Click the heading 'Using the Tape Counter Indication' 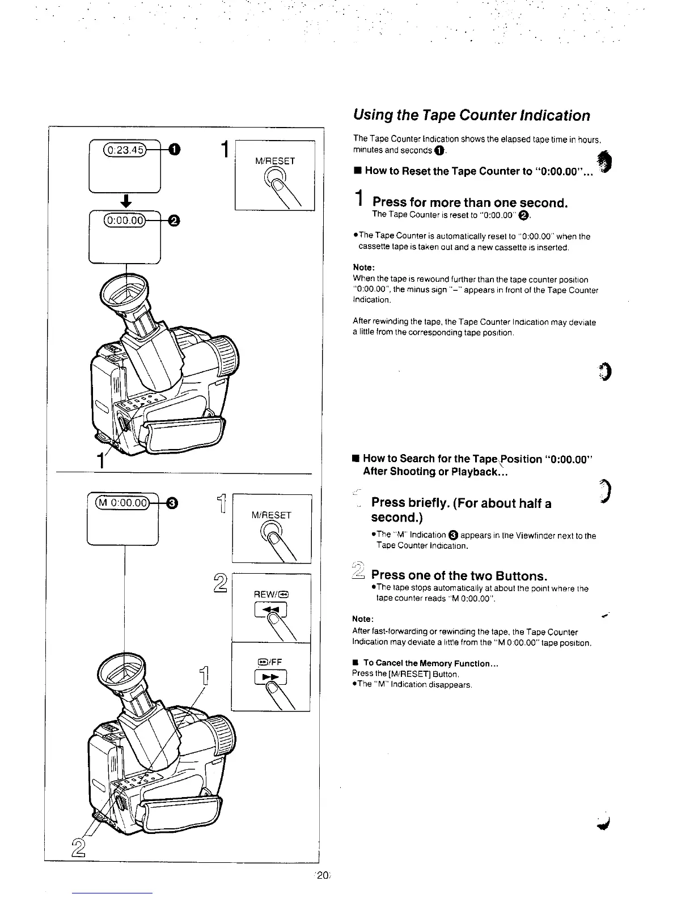click(x=471, y=116)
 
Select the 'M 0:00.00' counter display click(x=122, y=502)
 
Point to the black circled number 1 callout click(x=175, y=149)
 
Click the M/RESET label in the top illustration click(x=276, y=161)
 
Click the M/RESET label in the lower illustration click(x=272, y=515)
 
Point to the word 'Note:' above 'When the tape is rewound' click(x=364, y=268)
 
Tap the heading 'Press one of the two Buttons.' click(x=459, y=576)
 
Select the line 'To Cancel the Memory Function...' click(x=430, y=663)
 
